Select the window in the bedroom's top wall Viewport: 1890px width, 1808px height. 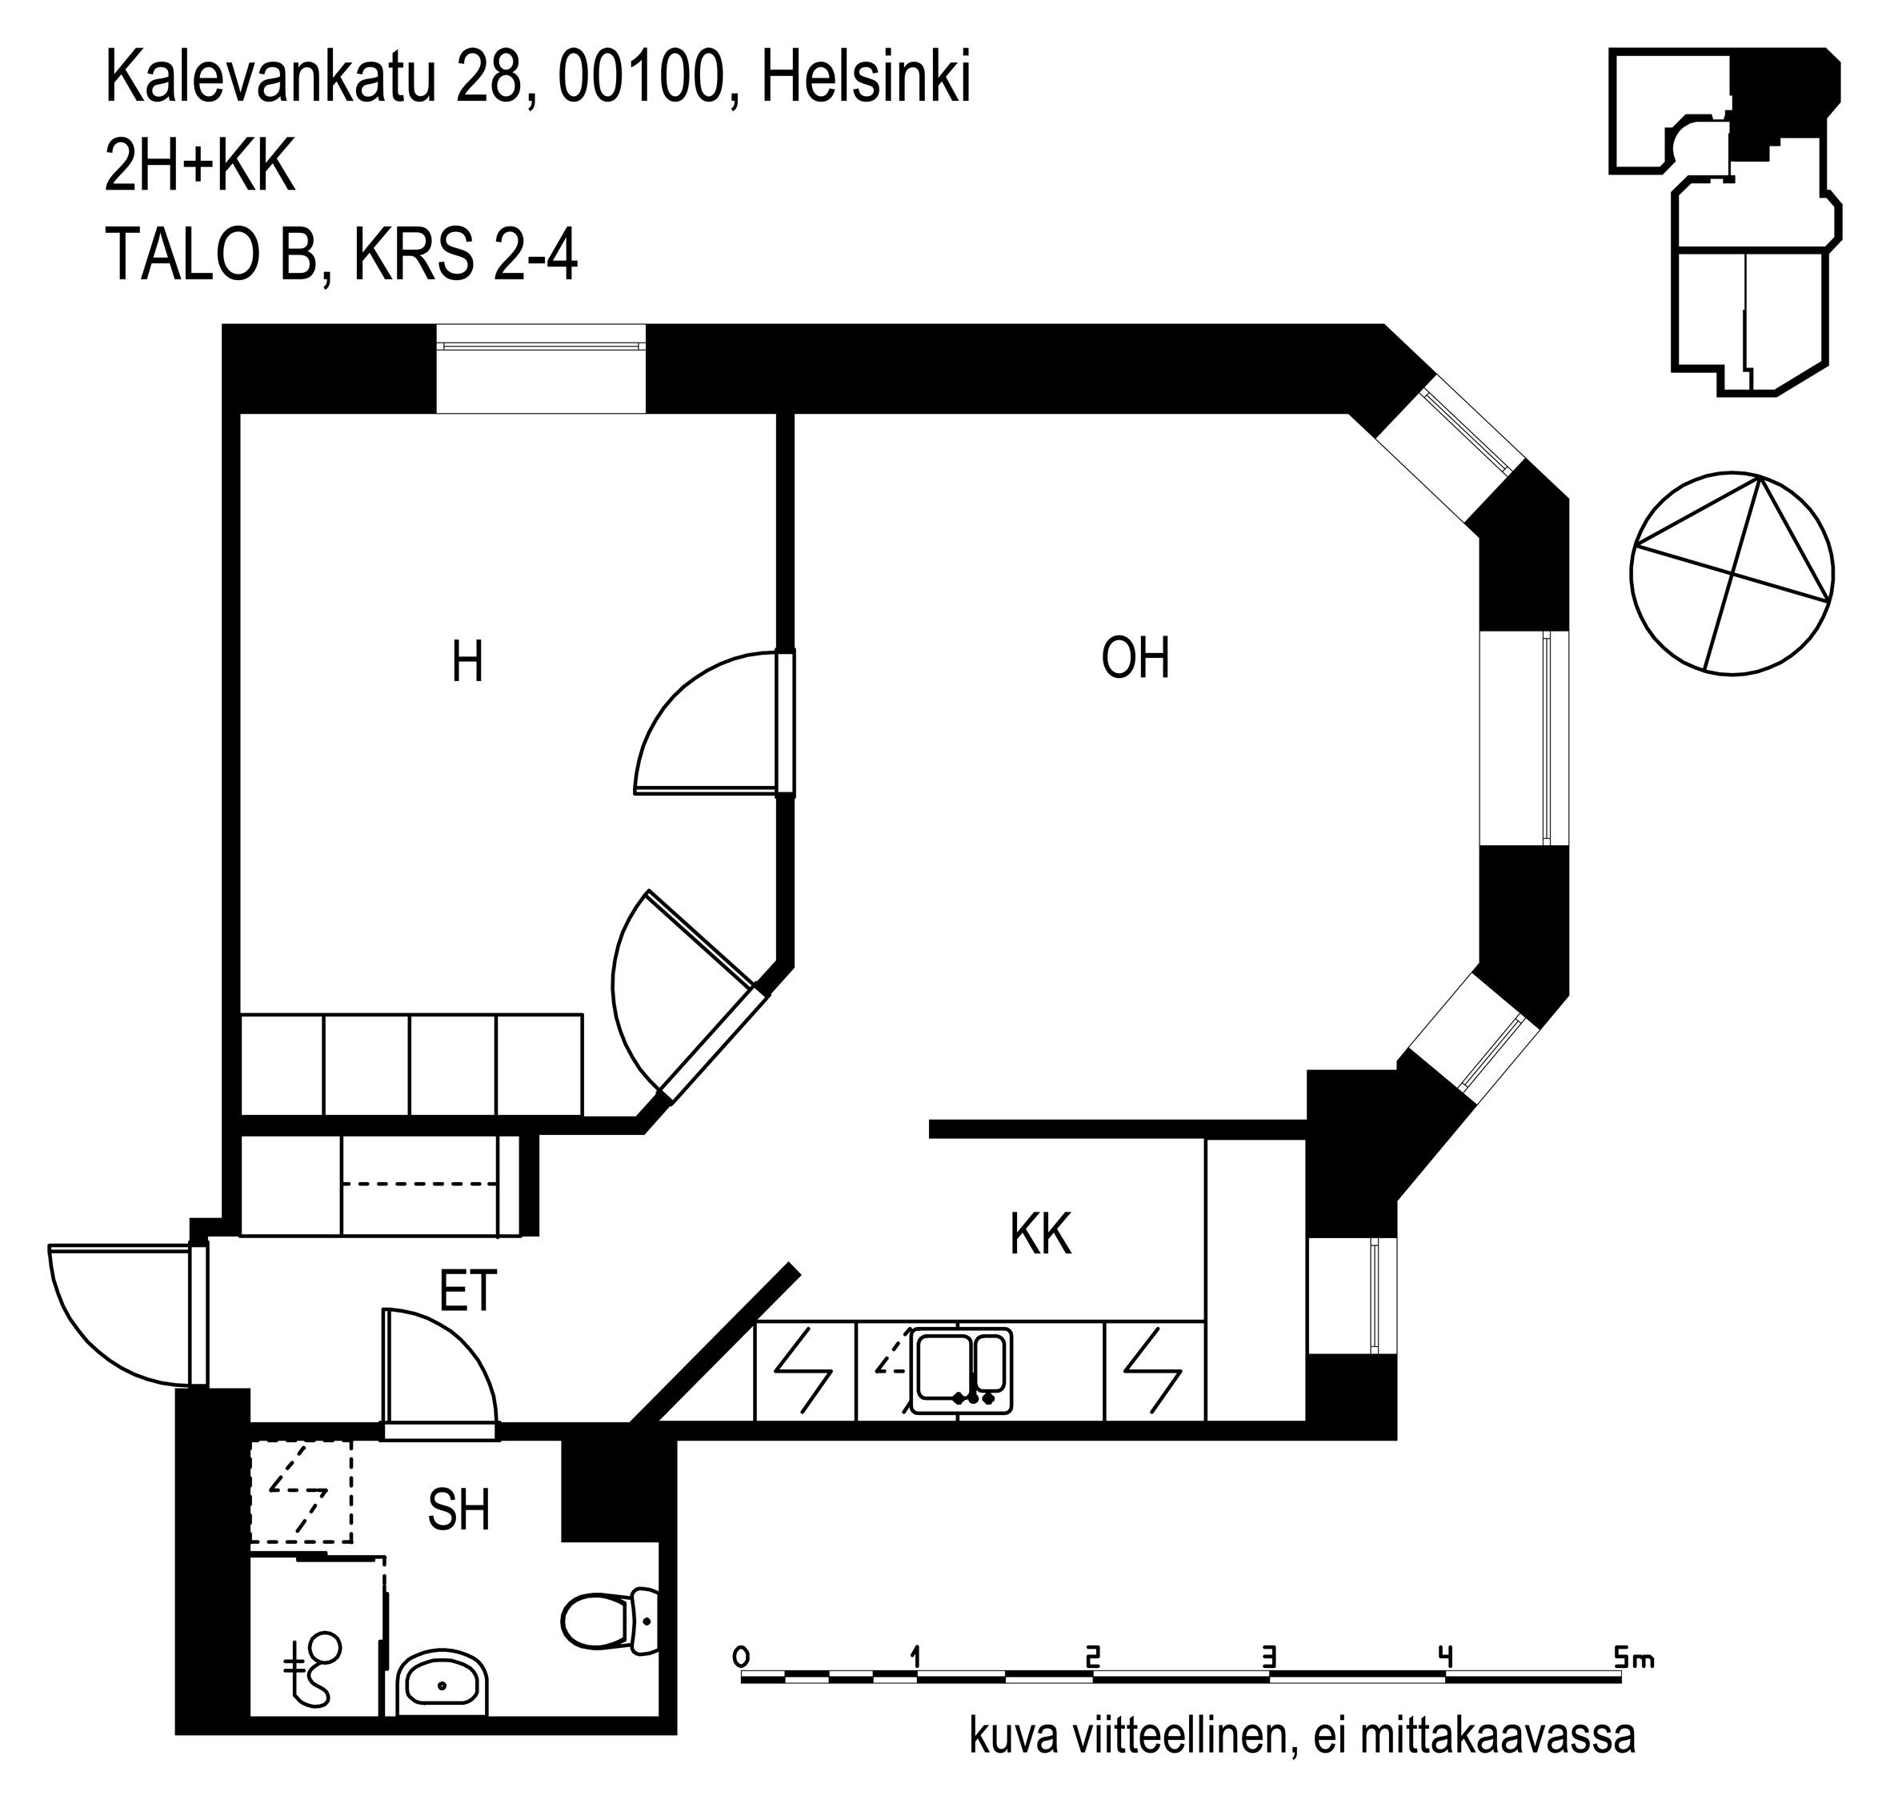click(540, 369)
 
